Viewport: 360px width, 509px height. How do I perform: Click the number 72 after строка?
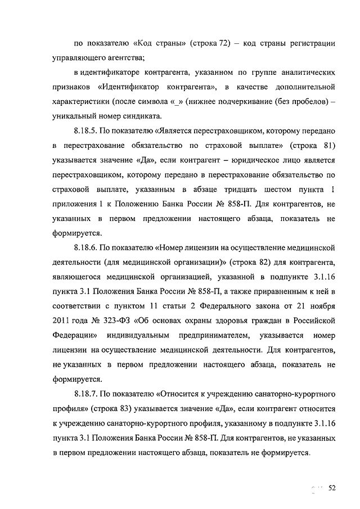[233, 43]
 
